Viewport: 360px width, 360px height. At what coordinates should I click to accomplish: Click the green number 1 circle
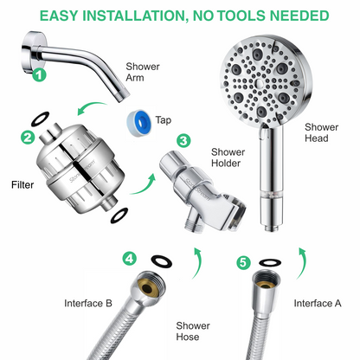(x=38, y=75)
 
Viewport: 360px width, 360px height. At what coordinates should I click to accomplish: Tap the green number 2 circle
(x=26, y=137)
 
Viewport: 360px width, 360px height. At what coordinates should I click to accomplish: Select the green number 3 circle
(x=183, y=140)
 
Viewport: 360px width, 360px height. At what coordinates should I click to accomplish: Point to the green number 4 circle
(x=129, y=258)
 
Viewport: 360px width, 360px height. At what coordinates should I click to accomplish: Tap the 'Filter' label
(x=22, y=184)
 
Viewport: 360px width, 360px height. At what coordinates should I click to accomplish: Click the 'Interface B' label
(x=87, y=303)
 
